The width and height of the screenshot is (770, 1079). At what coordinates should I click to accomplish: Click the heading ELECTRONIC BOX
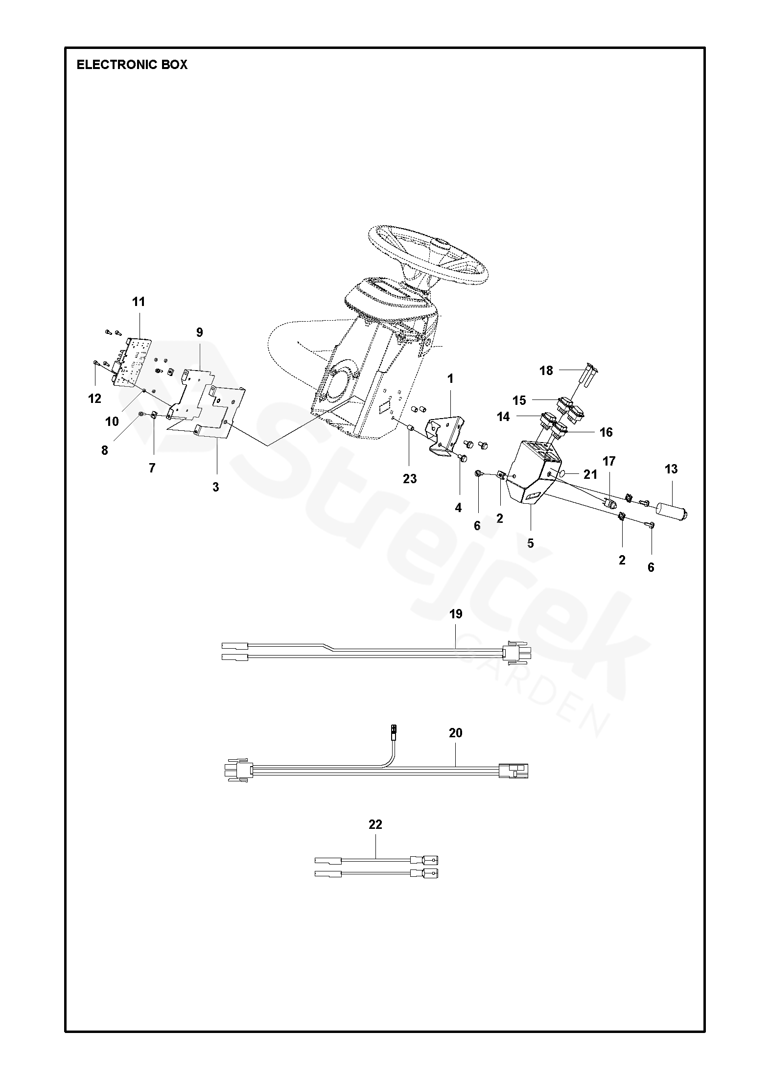pyautogui.click(x=132, y=65)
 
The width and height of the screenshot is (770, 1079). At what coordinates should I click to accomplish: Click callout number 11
pyautogui.click(x=139, y=302)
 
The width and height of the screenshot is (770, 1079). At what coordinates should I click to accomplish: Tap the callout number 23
pyautogui.click(x=410, y=478)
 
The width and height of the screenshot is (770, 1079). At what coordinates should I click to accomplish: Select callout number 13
pyautogui.click(x=671, y=469)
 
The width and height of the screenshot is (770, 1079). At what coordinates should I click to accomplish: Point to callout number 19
pyautogui.click(x=456, y=614)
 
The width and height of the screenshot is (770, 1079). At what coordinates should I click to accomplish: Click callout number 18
pyautogui.click(x=546, y=371)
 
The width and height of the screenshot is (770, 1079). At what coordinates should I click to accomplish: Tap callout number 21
pyautogui.click(x=591, y=474)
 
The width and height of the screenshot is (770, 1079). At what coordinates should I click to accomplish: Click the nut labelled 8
pyautogui.click(x=141, y=414)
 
